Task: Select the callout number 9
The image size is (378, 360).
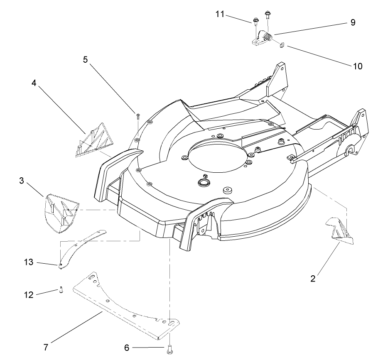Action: click(353, 22)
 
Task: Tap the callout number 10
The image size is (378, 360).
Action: click(357, 66)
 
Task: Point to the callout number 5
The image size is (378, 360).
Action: click(85, 59)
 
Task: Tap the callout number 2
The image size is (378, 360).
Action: click(313, 279)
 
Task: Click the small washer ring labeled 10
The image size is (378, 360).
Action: click(282, 45)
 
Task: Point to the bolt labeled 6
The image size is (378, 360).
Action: click(169, 350)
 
